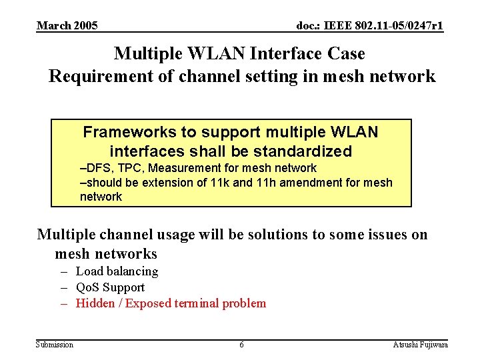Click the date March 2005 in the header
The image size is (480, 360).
click(x=67, y=26)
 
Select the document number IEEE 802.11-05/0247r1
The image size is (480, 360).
click(x=370, y=26)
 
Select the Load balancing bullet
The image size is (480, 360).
click(x=117, y=271)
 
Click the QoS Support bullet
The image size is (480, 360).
click(x=110, y=287)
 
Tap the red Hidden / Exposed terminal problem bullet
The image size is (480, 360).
click(x=171, y=303)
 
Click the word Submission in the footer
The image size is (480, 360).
click(x=55, y=344)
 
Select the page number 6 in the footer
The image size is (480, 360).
click(x=241, y=344)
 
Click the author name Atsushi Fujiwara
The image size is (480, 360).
click(x=421, y=344)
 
